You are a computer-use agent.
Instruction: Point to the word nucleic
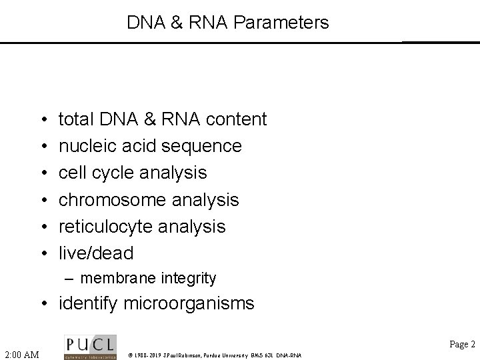click(84, 146)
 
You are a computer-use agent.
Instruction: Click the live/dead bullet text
click(96, 253)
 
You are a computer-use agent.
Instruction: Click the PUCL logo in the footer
click(90, 347)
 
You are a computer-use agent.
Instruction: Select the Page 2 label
click(462, 344)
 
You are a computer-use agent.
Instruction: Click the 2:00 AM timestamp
click(21, 353)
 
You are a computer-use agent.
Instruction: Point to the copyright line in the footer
click(214, 355)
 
